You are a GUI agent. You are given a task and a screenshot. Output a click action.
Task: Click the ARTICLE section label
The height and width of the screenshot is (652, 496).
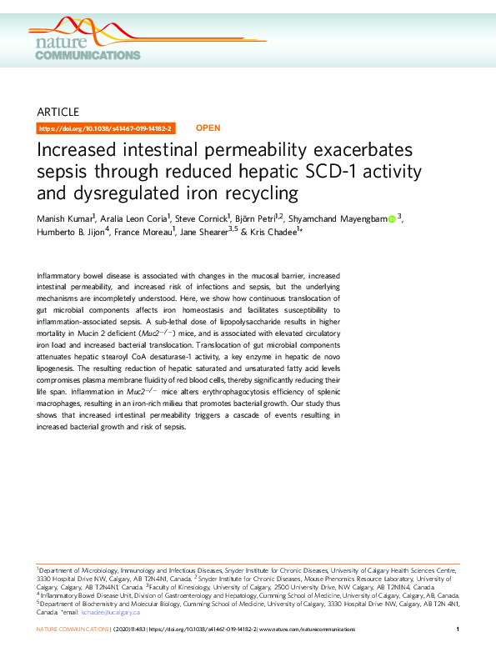58,112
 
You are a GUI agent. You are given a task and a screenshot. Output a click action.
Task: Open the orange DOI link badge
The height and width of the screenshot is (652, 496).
106,128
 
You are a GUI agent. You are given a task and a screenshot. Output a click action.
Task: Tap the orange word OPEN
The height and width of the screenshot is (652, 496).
208,128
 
